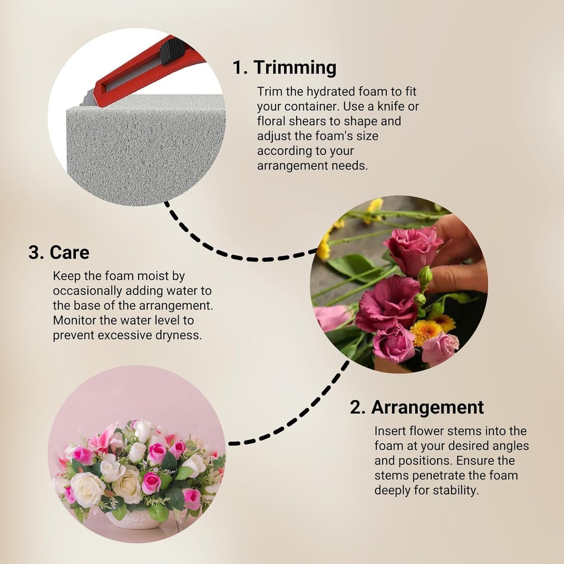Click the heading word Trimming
(x=295, y=68)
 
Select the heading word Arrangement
(x=427, y=408)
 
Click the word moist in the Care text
(x=153, y=276)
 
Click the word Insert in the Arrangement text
(x=390, y=431)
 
